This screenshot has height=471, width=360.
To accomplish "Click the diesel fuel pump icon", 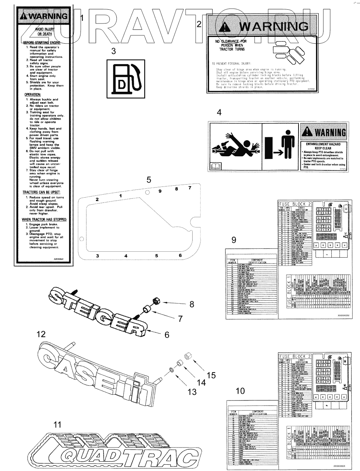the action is (x=125, y=78).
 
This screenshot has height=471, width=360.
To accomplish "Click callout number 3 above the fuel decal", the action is (x=114, y=52).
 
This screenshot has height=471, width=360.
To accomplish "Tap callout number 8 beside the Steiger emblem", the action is (x=192, y=304).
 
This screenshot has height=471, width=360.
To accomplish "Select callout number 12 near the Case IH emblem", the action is (x=41, y=334).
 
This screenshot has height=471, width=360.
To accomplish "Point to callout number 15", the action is (x=211, y=375).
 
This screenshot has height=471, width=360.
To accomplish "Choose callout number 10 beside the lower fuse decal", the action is (x=240, y=391).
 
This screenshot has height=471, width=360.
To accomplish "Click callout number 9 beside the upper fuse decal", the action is (x=234, y=240).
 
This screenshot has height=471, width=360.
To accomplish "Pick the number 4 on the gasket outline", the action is (x=126, y=256).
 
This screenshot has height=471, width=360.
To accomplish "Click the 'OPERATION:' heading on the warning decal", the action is (x=32, y=95).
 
